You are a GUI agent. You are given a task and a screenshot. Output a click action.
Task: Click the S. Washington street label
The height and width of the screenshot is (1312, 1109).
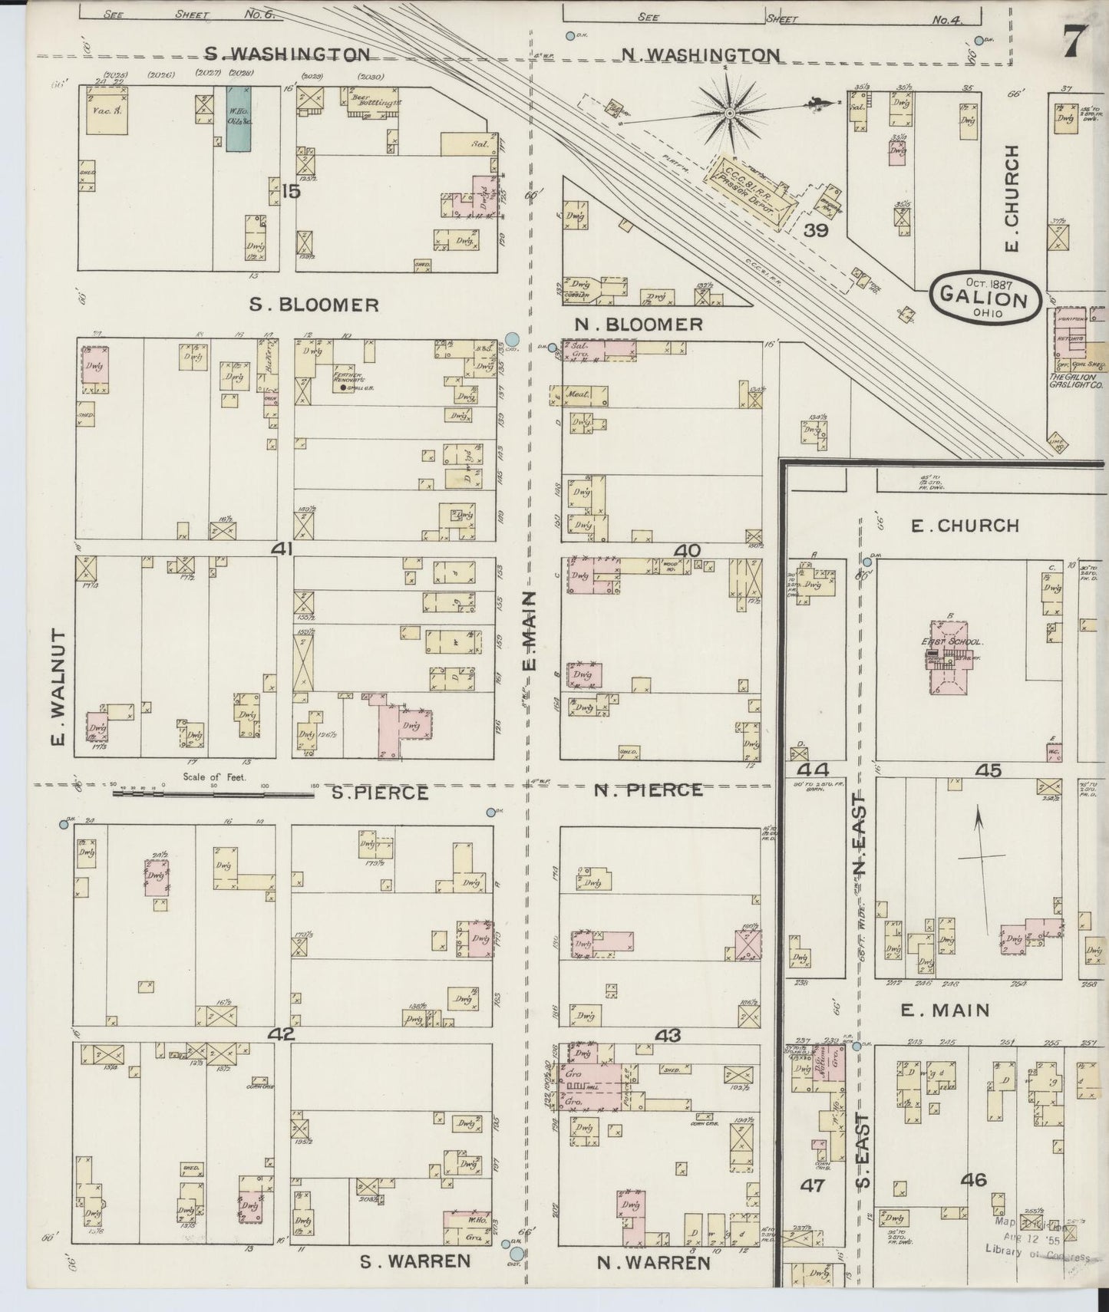point(288,54)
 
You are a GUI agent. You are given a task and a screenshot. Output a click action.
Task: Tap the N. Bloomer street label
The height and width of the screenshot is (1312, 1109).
point(639,325)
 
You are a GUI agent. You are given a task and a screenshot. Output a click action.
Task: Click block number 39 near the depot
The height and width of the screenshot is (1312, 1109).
point(815,229)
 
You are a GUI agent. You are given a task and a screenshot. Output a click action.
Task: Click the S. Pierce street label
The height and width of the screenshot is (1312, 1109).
point(380,793)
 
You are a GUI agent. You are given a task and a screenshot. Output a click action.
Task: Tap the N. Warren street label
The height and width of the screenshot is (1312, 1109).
point(653,1262)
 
